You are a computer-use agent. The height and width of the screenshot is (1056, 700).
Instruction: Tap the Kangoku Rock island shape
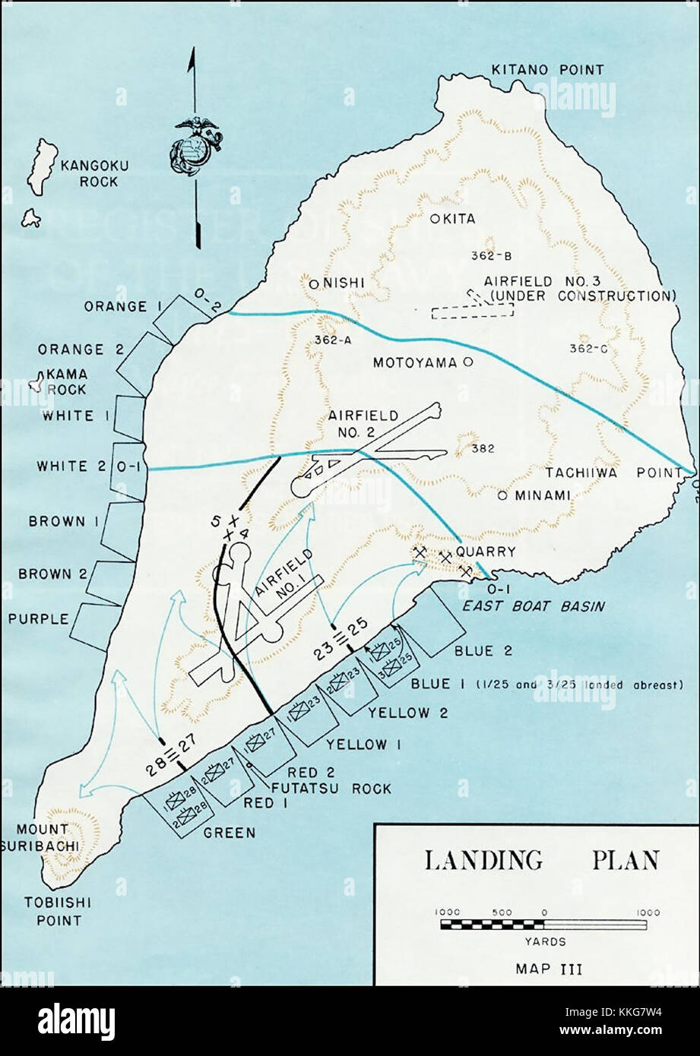[43, 166]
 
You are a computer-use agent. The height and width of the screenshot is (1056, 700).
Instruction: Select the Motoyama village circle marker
[467, 362]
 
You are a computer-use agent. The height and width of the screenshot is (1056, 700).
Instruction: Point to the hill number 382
[483, 448]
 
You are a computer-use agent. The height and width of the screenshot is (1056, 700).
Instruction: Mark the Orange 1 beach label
[116, 306]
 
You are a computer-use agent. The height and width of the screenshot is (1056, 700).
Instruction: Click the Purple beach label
[38, 618]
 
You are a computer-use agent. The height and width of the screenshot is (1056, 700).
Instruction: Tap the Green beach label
[230, 832]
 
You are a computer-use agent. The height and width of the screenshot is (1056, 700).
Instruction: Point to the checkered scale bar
[543, 925]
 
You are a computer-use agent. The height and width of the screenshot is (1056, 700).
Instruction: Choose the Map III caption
[543, 968]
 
